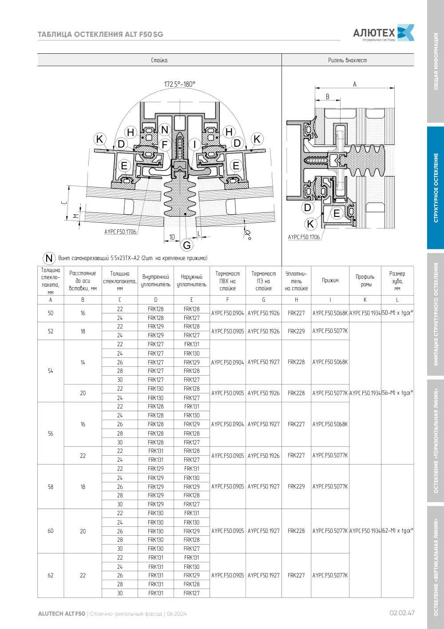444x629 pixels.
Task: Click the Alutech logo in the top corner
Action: tap(384, 33)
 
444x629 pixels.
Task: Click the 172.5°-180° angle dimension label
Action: tap(180, 84)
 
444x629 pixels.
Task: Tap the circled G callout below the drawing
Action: tap(187, 245)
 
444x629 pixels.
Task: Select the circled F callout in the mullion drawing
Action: tap(165, 144)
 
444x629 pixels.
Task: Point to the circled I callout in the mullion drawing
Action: tap(194, 144)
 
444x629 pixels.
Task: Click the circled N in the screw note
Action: tap(49, 258)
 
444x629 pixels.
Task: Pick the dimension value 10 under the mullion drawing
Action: tap(172, 237)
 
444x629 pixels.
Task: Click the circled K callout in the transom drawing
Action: tap(310, 224)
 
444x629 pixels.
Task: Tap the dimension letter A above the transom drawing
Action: tap(354, 84)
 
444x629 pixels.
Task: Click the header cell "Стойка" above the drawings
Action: tap(159, 60)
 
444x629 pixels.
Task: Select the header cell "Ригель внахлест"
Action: tap(348, 60)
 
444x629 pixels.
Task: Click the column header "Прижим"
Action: tap(330, 280)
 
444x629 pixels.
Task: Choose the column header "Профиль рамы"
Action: tap(365, 280)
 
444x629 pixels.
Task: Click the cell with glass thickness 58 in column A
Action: tap(51, 487)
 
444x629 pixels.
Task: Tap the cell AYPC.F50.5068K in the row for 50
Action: tap(330, 313)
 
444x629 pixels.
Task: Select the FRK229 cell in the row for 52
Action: tap(296, 331)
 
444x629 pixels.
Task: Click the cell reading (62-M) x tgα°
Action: tap(397, 531)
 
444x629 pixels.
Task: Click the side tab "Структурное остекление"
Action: tap(436, 188)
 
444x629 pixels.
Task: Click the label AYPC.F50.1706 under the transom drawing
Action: tap(304, 237)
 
